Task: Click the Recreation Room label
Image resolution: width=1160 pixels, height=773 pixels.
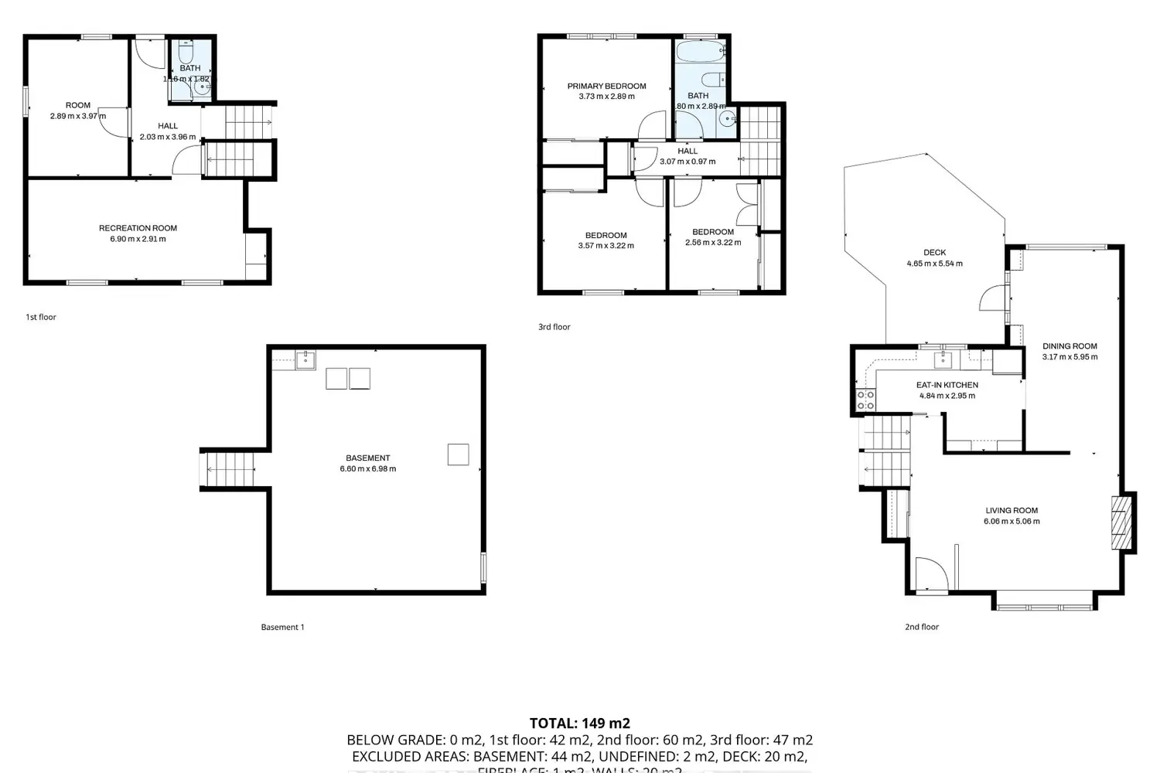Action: click(x=138, y=228)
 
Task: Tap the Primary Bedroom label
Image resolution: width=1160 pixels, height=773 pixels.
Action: click(x=606, y=86)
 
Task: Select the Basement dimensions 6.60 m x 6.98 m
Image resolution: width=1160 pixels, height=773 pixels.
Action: click(x=368, y=468)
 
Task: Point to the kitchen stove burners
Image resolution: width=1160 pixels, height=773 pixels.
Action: click(x=865, y=400)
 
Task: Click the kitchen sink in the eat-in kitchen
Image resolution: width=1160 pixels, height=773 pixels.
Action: click(x=943, y=359)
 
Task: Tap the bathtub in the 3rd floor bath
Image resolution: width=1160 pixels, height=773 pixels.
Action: click(x=699, y=53)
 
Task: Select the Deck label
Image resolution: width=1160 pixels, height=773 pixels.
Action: click(x=934, y=252)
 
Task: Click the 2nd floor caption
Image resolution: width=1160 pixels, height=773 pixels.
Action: click(x=922, y=627)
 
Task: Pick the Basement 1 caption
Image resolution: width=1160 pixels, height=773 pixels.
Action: click(x=282, y=627)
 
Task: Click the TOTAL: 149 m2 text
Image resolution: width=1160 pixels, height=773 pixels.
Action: click(x=579, y=724)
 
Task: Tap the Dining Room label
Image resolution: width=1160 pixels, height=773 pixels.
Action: click(x=1070, y=346)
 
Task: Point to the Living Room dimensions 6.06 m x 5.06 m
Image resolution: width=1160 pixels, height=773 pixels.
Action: click(x=1012, y=521)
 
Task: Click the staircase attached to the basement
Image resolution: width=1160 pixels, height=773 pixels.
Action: click(x=230, y=469)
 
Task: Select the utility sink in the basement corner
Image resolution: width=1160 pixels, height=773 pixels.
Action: click(x=305, y=359)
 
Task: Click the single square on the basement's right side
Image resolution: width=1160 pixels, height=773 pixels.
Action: click(x=458, y=455)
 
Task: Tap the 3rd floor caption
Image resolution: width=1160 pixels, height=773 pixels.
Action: click(x=554, y=327)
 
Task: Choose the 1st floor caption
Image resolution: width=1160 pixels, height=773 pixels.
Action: click(x=41, y=317)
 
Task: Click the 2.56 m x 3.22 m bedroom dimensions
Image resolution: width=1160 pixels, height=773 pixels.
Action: click(x=713, y=242)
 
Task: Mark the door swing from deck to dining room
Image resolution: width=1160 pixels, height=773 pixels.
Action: click(x=993, y=298)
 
